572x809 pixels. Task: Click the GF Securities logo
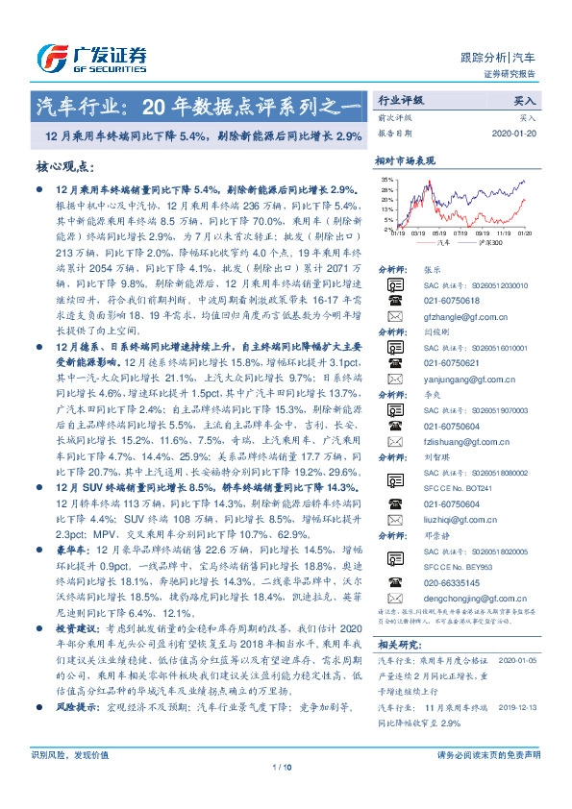(91, 60)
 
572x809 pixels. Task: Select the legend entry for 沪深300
(485, 243)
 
